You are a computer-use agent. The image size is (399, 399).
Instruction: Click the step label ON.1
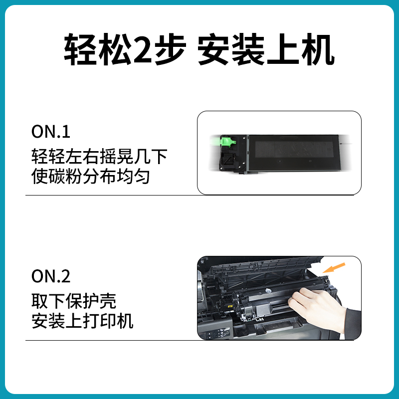click(x=51, y=132)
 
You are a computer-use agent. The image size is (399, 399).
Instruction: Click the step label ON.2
click(x=51, y=276)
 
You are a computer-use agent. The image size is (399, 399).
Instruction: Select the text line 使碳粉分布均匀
click(x=91, y=177)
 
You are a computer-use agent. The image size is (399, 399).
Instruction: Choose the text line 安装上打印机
click(x=82, y=321)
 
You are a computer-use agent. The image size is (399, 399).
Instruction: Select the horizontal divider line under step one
click(x=190, y=195)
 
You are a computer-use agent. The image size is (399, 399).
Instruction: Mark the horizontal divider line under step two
click(x=190, y=340)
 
